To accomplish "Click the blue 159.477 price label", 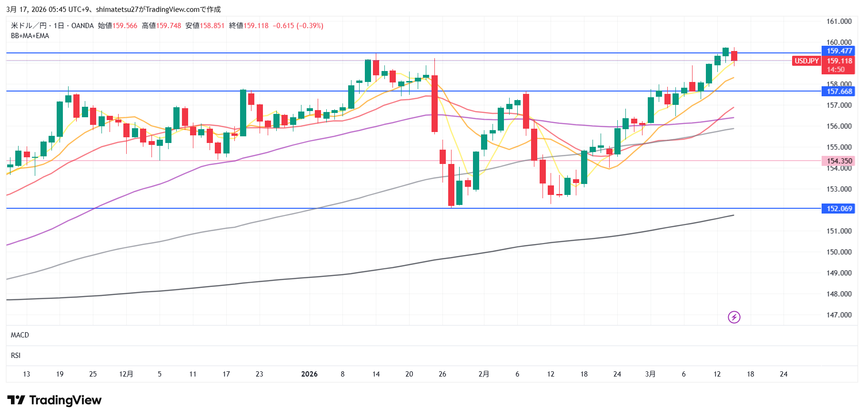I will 839,51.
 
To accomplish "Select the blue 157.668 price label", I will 839,92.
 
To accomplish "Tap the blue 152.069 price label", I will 839,209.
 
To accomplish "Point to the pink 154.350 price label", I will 839,161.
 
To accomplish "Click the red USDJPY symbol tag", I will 806,61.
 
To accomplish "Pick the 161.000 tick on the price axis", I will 839,21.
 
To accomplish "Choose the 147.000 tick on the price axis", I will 839,315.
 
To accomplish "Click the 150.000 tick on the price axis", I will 839,252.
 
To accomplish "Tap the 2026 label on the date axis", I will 309,374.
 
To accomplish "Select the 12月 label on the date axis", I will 126,374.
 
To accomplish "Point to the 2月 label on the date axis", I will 484,374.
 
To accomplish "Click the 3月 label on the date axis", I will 650,374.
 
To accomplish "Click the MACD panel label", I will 20,335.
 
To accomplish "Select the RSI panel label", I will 16,356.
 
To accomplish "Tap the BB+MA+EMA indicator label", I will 30,36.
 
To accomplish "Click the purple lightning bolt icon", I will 734,317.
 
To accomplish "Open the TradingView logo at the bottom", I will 54,400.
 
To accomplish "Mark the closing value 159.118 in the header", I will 256,26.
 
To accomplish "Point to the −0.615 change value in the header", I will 283,26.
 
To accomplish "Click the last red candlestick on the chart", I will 734,56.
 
